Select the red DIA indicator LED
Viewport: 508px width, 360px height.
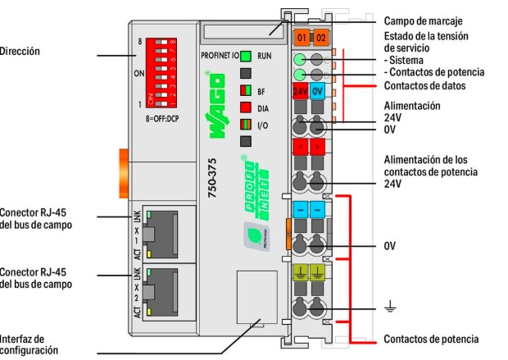pyautogui.click(x=244, y=107)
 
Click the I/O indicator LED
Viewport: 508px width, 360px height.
pyautogui.click(x=244, y=125)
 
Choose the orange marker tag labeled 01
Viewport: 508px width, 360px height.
pyautogui.click(x=301, y=38)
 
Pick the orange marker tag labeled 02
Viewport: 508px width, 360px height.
pyautogui.click(x=320, y=38)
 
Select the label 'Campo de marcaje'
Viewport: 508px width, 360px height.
pyautogui.click(x=423, y=19)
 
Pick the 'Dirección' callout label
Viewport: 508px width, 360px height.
pyautogui.click(x=20, y=52)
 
